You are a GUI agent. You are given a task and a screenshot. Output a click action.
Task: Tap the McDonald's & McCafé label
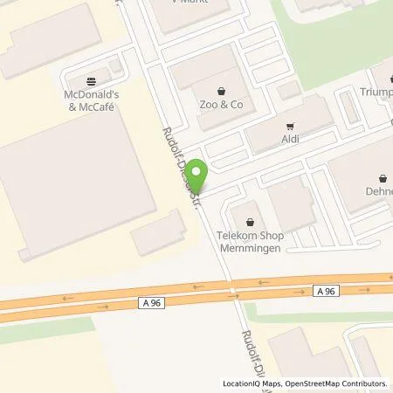pyautogui.click(x=90, y=100)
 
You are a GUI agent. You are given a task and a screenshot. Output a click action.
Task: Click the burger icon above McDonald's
pyautogui.click(x=90, y=79)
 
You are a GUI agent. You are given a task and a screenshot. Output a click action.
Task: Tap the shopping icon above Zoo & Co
pyautogui.click(x=221, y=89)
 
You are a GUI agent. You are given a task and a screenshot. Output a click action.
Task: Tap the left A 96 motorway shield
pyautogui.click(x=151, y=303)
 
